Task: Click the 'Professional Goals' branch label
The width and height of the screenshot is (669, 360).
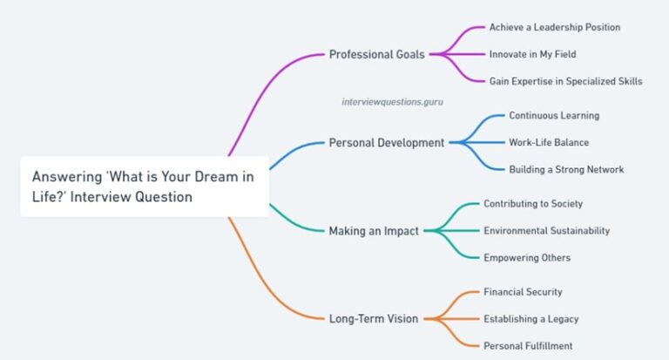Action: pyautogui.click(x=376, y=54)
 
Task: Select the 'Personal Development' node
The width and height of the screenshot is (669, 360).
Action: pyautogui.click(x=386, y=142)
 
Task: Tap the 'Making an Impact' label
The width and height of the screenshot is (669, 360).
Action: pyautogui.click(x=374, y=231)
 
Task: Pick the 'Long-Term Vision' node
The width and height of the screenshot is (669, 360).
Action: pyautogui.click(x=374, y=318)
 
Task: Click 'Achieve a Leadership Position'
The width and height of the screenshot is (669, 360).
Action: pyautogui.click(x=555, y=27)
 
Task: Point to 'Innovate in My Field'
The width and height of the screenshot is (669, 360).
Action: pyautogui.click(x=533, y=54)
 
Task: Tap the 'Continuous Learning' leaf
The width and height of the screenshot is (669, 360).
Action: pyautogui.click(x=554, y=115)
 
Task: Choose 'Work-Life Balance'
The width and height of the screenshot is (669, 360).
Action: pyautogui.click(x=549, y=142)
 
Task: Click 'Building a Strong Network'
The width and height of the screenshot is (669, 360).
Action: pyautogui.click(x=566, y=169)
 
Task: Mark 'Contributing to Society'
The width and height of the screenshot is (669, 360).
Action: pyautogui.click(x=533, y=204)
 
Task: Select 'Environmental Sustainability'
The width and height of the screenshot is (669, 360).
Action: pyautogui.click(x=546, y=231)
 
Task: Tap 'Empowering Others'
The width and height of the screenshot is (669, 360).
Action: pyautogui.click(x=527, y=258)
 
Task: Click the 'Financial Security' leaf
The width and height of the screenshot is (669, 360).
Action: pyautogui.click(x=523, y=292)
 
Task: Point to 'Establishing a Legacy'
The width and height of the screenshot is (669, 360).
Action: pyautogui.click(x=530, y=319)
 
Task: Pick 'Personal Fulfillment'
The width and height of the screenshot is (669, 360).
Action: pyautogui.click(x=528, y=346)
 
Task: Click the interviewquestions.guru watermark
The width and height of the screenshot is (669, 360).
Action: pyautogui.click(x=392, y=102)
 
